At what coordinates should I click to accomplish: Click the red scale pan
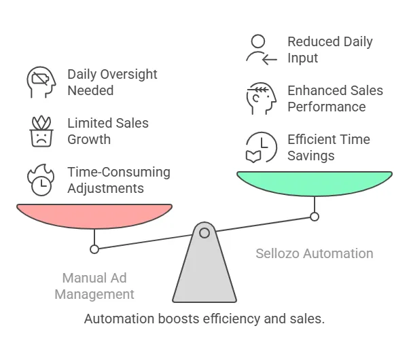(94, 216)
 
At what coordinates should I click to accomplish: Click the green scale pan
(315, 183)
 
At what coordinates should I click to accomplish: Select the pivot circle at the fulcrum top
(204, 233)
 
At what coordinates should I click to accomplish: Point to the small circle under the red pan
(94, 249)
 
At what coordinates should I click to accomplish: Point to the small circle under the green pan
(315, 217)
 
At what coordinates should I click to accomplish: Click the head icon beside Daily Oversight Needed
(41, 82)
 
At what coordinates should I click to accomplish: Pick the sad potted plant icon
(41, 131)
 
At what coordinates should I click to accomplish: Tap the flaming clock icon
(41, 180)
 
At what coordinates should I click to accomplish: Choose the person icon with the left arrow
(262, 50)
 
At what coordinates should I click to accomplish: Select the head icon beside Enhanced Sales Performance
(262, 98)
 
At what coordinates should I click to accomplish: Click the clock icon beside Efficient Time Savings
(262, 147)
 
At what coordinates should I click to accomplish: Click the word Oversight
(129, 75)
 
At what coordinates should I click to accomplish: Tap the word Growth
(89, 139)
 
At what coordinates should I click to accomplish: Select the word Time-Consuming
(119, 173)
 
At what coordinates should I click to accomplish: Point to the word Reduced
(314, 41)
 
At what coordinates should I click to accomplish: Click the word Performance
(327, 107)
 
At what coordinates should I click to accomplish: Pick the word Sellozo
(277, 253)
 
